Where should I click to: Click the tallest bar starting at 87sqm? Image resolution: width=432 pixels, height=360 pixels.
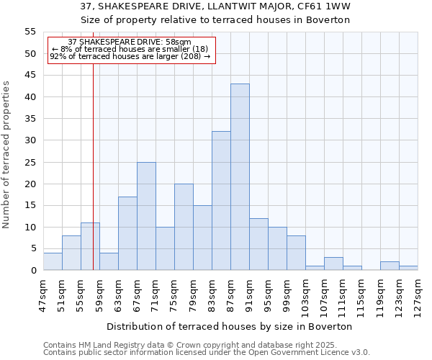(240, 177)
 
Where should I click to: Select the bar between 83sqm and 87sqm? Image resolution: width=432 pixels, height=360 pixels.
(221, 201)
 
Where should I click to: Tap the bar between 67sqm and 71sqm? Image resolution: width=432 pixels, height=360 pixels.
(146, 216)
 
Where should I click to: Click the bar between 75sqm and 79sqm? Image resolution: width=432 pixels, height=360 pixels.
(184, 227)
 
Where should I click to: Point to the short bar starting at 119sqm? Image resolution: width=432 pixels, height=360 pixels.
(390, 266)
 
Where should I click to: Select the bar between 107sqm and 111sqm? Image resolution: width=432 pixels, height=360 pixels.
(333, 264)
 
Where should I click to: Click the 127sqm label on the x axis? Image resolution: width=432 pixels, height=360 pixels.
(418, 294)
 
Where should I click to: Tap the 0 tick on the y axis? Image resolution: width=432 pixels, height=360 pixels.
(32, 271)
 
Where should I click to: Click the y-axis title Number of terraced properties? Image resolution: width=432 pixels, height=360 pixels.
(6, 155)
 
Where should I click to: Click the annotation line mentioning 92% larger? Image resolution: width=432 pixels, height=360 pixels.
(130, 56)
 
